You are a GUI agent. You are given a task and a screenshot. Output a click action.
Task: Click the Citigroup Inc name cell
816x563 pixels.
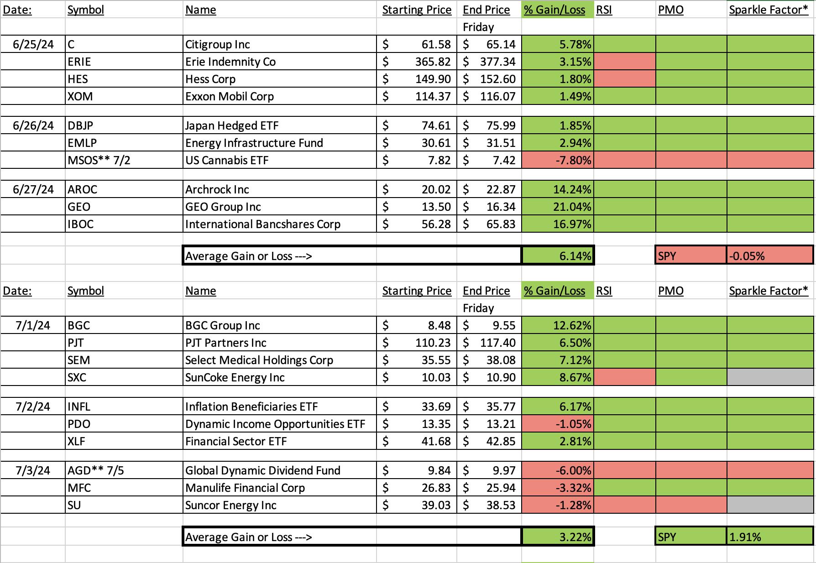pos(279,44)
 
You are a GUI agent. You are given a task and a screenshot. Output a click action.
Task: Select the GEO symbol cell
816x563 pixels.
pos(124,207)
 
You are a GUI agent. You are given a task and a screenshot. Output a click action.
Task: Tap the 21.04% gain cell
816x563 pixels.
pos(558,207)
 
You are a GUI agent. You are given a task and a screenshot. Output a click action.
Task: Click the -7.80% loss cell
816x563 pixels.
pos(558,160)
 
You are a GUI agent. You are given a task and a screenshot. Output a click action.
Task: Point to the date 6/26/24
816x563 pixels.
pos(33,125)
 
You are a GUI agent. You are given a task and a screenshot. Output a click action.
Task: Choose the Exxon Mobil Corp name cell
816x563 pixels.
pos(279,96)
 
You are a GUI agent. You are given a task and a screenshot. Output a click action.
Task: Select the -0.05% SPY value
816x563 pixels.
pos(769,255)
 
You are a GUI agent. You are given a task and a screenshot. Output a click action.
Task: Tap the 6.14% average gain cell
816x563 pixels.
pos(558,255)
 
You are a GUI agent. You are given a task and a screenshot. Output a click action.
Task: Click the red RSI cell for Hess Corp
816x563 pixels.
pos(625,79)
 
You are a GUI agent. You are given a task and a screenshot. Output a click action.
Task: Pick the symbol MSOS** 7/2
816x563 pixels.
pos(99,160)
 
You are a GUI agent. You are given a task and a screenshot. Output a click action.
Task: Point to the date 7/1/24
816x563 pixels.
pos(33,325)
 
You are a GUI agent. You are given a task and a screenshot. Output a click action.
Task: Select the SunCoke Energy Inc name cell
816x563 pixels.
pos(279,377)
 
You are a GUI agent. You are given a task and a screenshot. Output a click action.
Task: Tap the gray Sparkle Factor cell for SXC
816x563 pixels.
pos(770,377)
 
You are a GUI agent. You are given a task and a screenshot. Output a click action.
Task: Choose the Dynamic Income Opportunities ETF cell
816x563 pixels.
pos(279,424)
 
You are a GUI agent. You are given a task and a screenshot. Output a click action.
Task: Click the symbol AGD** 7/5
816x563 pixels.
pos(96,470)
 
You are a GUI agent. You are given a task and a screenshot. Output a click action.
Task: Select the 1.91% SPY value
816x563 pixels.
pos(769,537)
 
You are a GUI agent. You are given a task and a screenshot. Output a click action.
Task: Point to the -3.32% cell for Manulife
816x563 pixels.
pos(558,488)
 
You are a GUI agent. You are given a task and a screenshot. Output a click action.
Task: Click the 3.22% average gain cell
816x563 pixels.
pos(558,537)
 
